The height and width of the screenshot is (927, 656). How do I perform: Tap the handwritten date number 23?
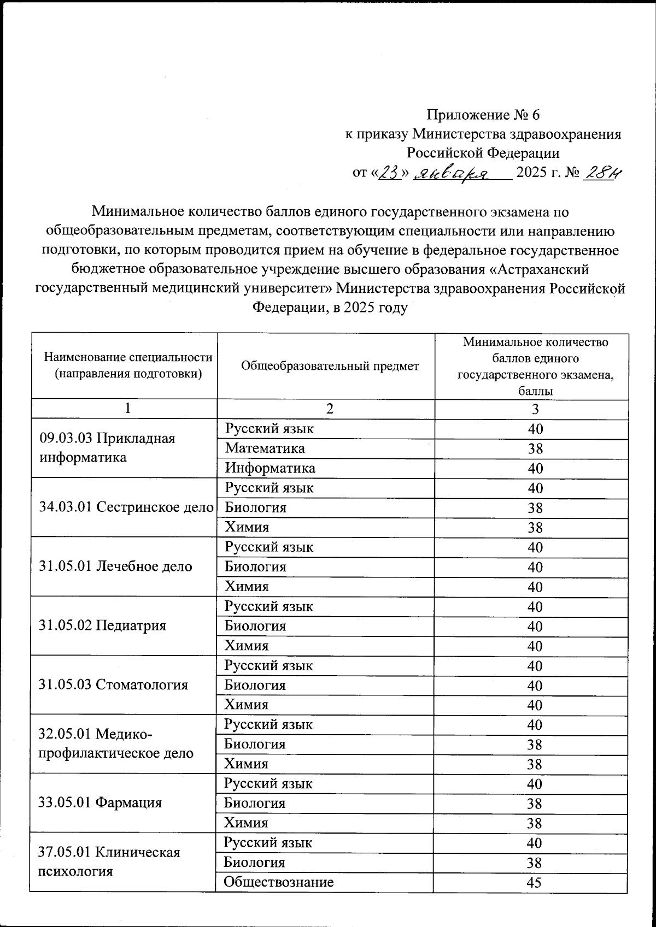click(x=390, y=173)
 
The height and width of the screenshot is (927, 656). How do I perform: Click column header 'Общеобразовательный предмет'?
click(x=330, y=366)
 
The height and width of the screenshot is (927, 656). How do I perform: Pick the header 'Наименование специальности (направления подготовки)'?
click(x=128, y=365)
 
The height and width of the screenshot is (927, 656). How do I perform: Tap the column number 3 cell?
click(x=535, y=409)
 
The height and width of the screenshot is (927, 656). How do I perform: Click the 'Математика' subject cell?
click(x=265, y=448)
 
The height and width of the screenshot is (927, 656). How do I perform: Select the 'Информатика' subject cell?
click(x=270, y=468)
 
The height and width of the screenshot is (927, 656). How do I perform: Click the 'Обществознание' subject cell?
click(x=279, y=882)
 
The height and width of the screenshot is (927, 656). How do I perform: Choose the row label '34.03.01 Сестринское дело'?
click(x=126, y=507)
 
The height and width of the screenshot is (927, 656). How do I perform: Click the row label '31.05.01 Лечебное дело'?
click(x=116, y=566)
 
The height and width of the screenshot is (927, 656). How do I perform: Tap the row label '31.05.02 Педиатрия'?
click(x=103, y=625)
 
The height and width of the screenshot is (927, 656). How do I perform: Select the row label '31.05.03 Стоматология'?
click(x=114, y=684)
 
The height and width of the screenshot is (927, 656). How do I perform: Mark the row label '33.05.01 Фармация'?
click(x=101, y=802)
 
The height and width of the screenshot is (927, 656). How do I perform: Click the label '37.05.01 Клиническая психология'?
click(x=109, y=861)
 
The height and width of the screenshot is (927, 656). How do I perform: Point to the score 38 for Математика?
click(x=535, y=449)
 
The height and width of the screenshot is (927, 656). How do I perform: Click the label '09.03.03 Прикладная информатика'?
click(x=108, y=448)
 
